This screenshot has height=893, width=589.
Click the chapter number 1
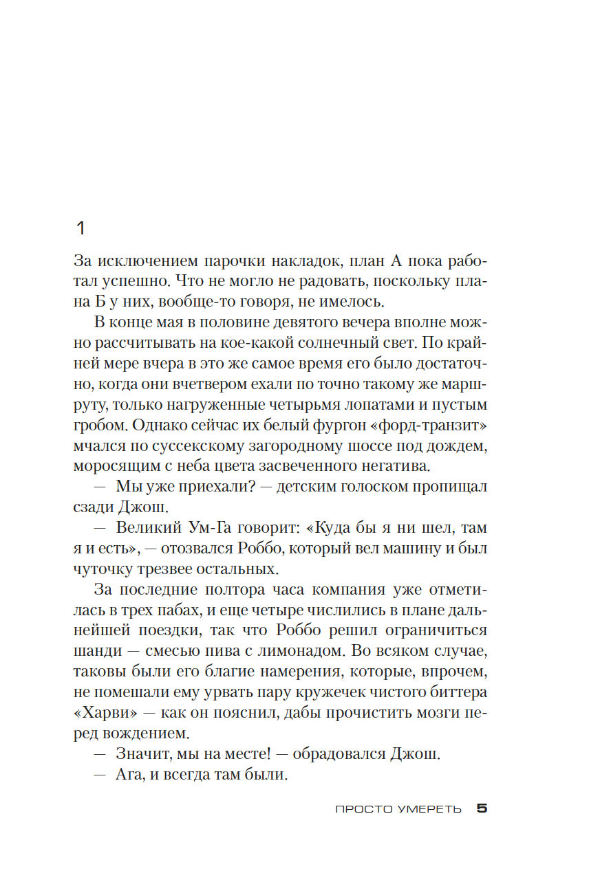[80, 228]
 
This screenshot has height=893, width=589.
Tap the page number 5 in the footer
[482, 809]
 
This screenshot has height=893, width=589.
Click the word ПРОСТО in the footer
[363, 809]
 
